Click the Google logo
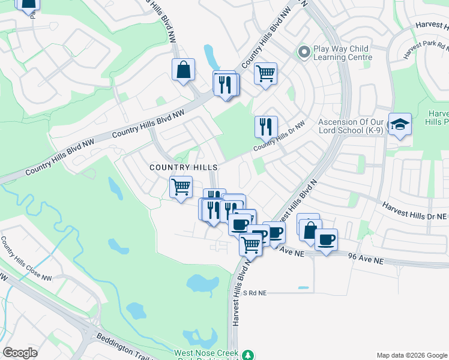[x=20, y=353]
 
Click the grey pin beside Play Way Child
[x=304, y=52]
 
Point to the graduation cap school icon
[x=400, y=124]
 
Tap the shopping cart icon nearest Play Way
[x=265, y=74]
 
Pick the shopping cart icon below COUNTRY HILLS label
[x=181, y=187]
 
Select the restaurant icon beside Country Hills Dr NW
[x=266, y=127]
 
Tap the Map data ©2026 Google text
[x=411, y=355]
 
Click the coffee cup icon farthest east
[x=326, y=240]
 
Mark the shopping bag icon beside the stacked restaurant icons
[x=183, y=70]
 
